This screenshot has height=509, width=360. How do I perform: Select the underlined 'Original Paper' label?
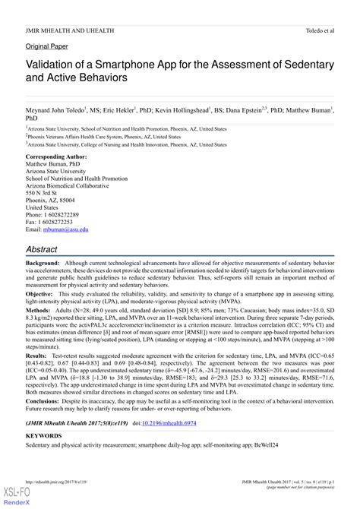point(47,46)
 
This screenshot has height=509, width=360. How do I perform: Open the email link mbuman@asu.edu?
point(68,229)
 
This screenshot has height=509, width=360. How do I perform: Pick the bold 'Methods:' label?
point(39,311)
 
